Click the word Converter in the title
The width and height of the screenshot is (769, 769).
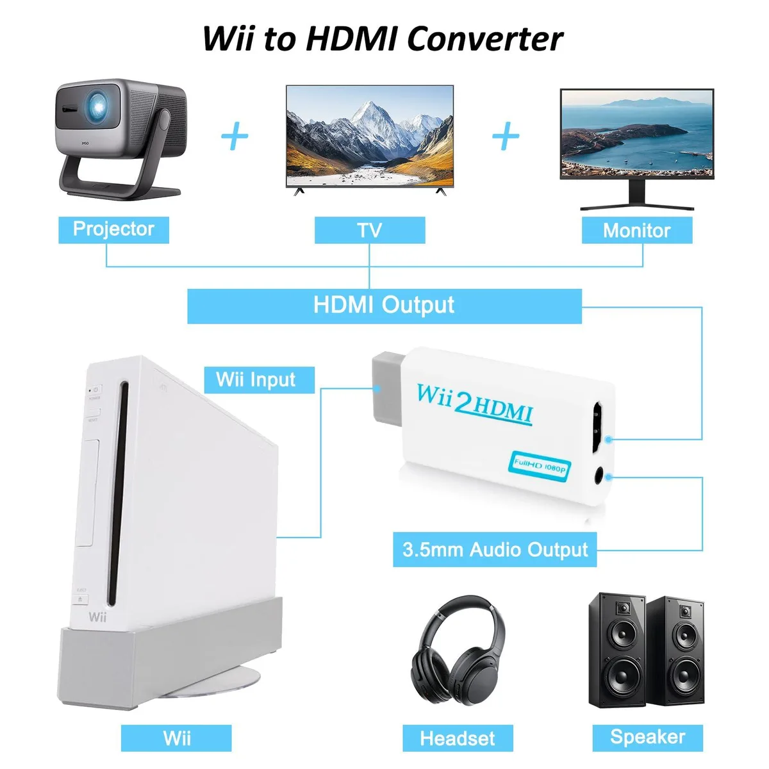pos(485,38)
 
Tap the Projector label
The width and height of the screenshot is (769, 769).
pos(113,230)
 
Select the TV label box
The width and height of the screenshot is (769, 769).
pos(370,230)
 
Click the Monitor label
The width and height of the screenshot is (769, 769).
pos(637,230)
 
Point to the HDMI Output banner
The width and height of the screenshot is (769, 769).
pos(384,306)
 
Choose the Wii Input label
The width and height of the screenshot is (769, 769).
pos(260,380)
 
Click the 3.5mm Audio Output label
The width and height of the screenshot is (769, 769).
pos(495,549)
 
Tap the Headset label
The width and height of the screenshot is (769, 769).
pos(458,738)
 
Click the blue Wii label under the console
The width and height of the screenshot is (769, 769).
pos(176,738)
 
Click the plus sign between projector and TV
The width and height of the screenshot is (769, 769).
pos(235,136)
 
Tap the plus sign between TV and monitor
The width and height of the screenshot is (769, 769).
pos(506,136)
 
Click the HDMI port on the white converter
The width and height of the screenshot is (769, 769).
pos(598,427)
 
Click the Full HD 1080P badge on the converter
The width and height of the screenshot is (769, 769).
pos(540,466)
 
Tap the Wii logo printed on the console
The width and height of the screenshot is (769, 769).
pos(97,617)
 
